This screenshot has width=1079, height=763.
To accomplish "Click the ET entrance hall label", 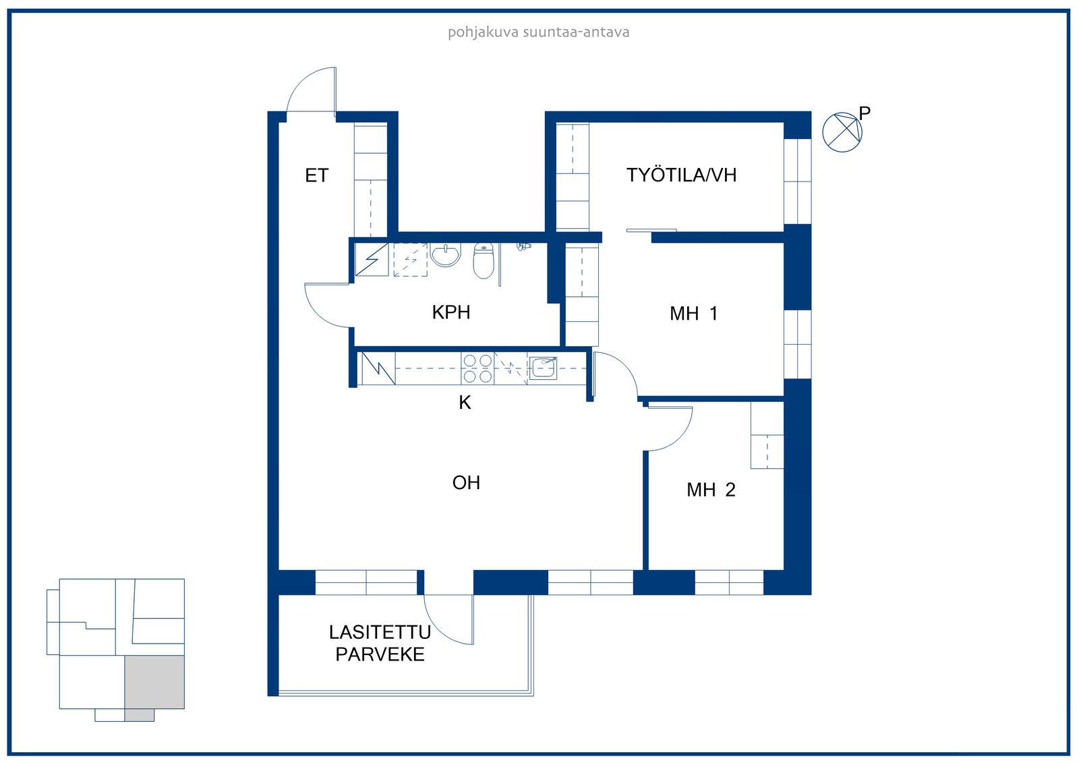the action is tap(316, 175).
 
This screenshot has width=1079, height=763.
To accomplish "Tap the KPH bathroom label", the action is tap(451, 312).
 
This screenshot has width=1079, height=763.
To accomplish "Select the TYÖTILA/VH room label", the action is tap(681, 175).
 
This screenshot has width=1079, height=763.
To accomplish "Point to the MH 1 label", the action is tap(694, 313).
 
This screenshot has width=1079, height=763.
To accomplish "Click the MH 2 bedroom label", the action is tap(711, 490).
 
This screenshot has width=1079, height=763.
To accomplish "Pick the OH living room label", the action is tap(466, 482).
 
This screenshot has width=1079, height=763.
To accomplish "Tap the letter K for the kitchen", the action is tap(465, 402).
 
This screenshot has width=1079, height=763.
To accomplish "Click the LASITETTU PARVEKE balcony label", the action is tap(380, 644).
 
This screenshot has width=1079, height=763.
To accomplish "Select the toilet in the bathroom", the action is tap(483, 261).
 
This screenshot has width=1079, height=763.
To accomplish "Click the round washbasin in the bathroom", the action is tap(446, 254).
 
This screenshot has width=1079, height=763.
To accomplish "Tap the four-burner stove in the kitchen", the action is tap(477, 368).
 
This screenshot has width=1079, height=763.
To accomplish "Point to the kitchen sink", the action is tap(543, 368).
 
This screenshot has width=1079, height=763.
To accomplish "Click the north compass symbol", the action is tap(842, 132).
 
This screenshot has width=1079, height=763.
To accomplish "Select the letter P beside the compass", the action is tap(865, 113).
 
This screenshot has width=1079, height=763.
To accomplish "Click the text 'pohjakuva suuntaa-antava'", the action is tap(539, 32).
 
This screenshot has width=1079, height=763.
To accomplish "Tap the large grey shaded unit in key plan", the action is tap(154, 682).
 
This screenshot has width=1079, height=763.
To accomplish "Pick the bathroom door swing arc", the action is tap(316, 315).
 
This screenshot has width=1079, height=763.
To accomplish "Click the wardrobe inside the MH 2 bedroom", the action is tap(767, 434).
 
